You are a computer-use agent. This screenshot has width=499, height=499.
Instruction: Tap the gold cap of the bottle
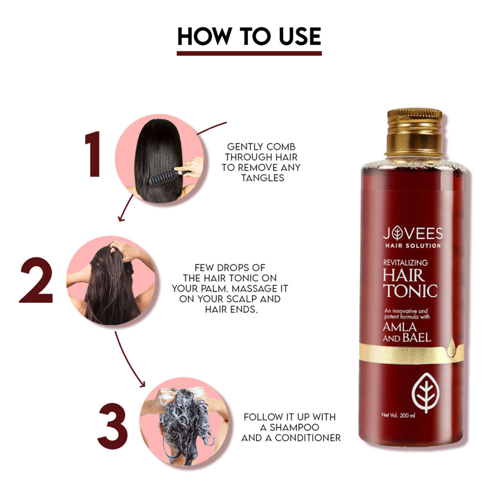414,131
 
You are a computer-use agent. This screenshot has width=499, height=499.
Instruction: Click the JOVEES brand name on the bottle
412,234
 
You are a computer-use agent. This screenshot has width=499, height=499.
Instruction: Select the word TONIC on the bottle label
410,290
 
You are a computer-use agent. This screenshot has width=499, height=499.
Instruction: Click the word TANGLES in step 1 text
261,178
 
